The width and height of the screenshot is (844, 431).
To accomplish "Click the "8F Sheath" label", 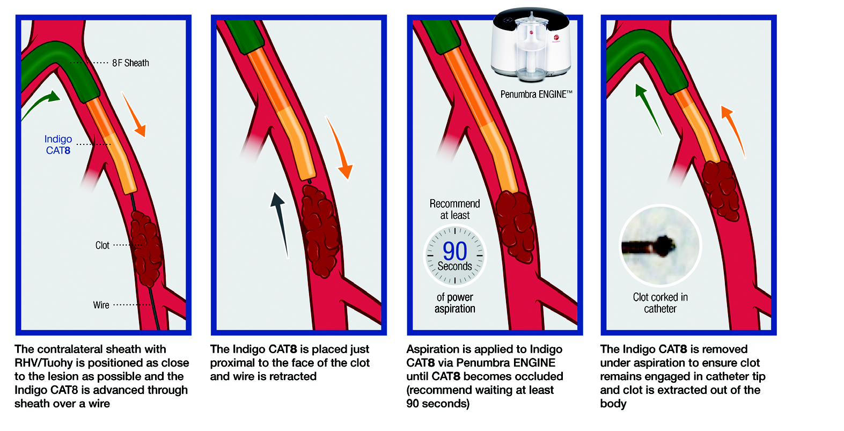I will pyautogui.click(x=130, y=63).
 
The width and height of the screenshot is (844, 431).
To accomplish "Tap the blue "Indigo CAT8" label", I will pyautogui.click(x=58, y=145).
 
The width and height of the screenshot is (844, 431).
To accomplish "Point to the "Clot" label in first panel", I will pyautogui.click(x=102, y=245).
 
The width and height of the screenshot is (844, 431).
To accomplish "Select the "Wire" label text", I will pyautogui.click(x=101, y=305).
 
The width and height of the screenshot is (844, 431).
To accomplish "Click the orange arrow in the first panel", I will pyautogui.click(x=134, y=115).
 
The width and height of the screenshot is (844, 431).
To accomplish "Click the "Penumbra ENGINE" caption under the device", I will pyautogui.click(x=535, y=94).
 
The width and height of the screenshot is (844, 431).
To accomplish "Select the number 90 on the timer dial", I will pyautogui.click(x=454, y=251).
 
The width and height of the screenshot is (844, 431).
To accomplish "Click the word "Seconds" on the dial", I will pyautogui.click(x=454, y=266).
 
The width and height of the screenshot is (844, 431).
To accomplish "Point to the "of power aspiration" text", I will pyautogui.click(x=454, y=303).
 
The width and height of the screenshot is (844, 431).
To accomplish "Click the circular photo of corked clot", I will pyautogui.click(x=659, y=246).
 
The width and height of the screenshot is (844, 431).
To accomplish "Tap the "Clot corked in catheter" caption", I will pyautogui.click(x=660, y=303).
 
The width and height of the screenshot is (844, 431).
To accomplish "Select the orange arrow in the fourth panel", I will pyautogui.click(x=733, y=129).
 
